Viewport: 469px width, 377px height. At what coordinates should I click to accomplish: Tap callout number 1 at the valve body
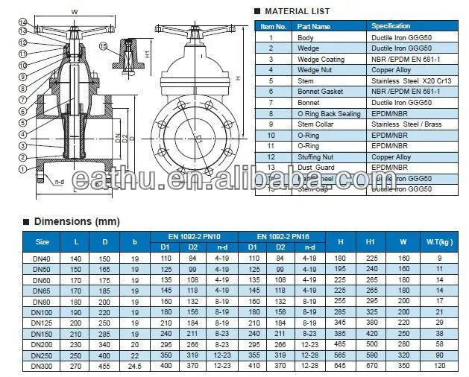(23, 170)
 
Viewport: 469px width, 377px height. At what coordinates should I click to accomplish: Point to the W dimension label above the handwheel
(74, 11)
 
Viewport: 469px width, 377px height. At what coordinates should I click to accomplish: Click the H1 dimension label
(148, 53)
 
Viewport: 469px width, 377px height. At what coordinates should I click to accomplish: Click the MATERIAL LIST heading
(298, 11)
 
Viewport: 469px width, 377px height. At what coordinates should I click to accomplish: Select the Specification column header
(391, 25)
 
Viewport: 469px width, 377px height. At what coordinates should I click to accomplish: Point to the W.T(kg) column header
(439, 241)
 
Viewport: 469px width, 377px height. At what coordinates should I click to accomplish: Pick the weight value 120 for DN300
(439, 367)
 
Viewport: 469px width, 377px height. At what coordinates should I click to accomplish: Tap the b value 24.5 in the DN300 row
(133, 367)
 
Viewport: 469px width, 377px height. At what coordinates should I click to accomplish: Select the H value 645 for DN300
(341, 367)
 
